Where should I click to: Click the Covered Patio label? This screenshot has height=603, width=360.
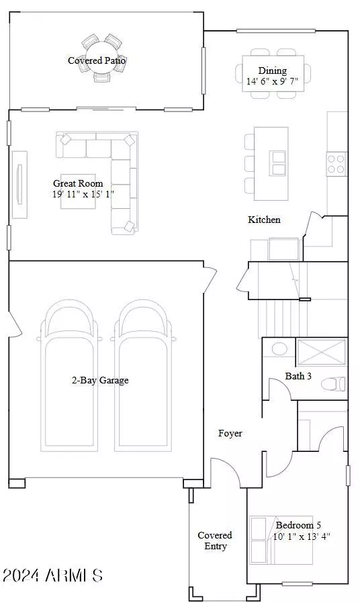pos(97,60)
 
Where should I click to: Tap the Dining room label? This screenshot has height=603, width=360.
pos(272,71)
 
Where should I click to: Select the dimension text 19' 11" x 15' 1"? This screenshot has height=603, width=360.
pos(83,195)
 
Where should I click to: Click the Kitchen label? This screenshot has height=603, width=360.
pos(264,220)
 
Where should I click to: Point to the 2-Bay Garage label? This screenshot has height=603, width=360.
pos(100,380)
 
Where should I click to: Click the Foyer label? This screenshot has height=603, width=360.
pos(230,433)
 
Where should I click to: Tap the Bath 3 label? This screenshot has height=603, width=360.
pos(298,376)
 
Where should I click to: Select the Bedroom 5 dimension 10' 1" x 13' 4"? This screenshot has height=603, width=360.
pos(302,537)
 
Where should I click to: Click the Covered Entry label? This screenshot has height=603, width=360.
pos(215,541)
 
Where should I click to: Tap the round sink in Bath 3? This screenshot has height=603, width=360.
pos(278,349)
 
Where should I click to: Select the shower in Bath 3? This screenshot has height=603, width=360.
pos(321,353)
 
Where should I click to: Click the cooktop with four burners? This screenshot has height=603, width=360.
pos(336,164)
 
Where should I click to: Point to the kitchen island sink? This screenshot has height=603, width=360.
pos(278,162)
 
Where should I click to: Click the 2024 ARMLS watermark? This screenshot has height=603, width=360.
pos(52,575)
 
